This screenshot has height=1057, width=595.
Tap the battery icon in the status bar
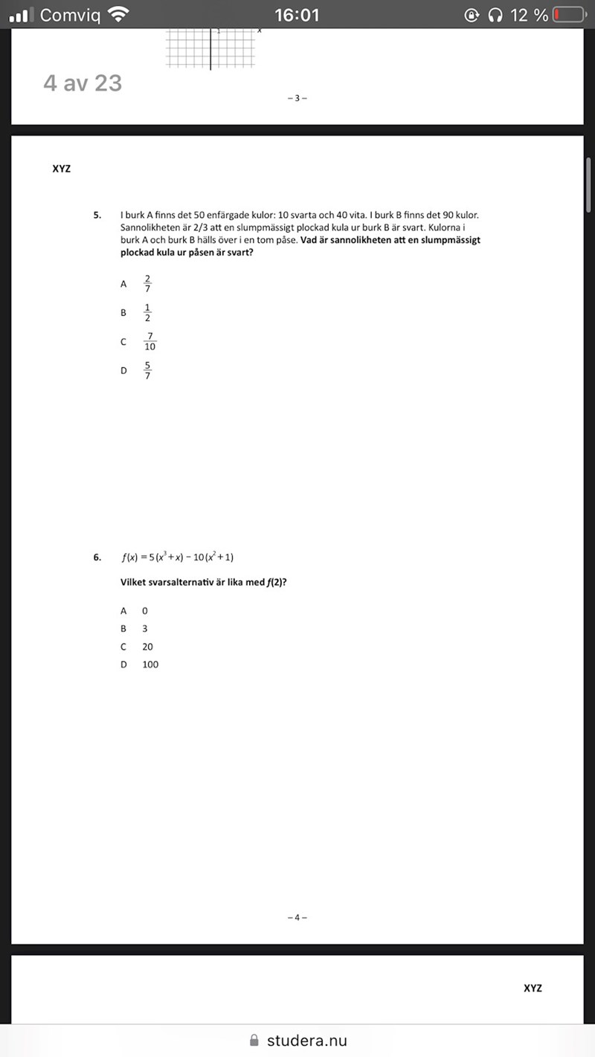click(568, 15)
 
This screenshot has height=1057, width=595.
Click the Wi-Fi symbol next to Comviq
click(118, 15)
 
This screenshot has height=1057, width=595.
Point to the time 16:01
click(297, 15)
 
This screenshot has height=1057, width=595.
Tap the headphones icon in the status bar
click(495, 15)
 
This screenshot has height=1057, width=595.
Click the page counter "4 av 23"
click(83, 83)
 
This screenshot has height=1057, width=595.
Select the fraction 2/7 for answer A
click(147, 283)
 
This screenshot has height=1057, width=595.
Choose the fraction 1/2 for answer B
click(147, 313)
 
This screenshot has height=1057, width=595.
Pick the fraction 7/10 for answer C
click(149, 341)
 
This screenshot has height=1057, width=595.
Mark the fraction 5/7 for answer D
click(147, 369)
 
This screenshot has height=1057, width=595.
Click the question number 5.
click(97, 216)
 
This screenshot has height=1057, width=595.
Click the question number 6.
click(97, 557)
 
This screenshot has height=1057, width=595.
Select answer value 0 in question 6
click(145, 610)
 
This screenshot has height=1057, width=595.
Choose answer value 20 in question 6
click(147, 647)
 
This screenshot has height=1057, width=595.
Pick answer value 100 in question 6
click(150, 665)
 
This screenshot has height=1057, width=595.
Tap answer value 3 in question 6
click(145, 628)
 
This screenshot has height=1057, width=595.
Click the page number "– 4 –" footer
click(297, 917)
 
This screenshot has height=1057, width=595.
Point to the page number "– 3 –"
click(297, 98)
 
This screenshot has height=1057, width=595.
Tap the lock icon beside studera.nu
click(254, 1041)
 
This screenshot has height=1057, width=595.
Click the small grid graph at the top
click(210, 49)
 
